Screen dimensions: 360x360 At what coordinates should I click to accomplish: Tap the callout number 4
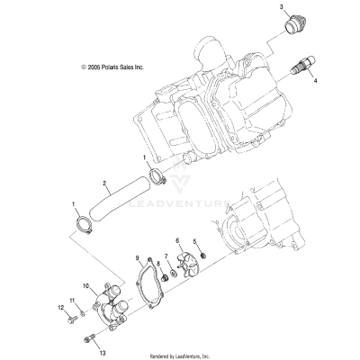pos(315,79)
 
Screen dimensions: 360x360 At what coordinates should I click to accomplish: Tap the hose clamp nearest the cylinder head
pos(155,175)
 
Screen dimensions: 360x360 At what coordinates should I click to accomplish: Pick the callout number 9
pos(137,258)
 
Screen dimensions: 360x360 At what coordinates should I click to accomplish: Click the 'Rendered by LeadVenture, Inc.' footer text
pos(180,354)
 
